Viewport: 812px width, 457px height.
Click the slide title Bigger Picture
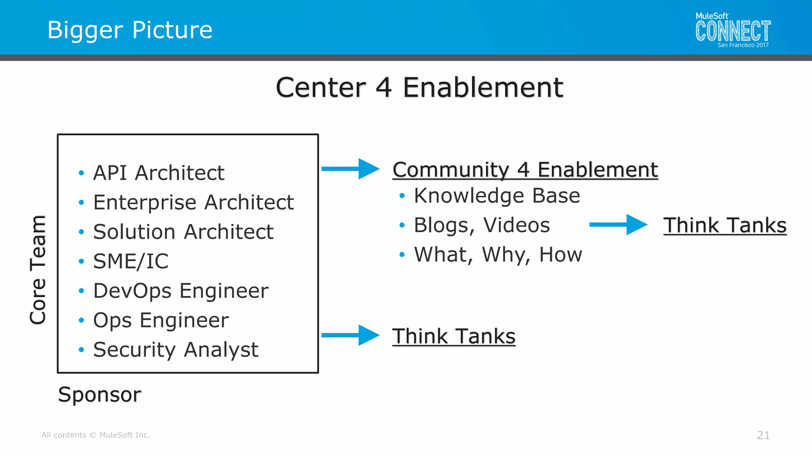[x=130, y=30]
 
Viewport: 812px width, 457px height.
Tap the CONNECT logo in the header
[x=733, y=31]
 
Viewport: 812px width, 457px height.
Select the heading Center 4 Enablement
[x=419, y=88]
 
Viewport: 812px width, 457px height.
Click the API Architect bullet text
[x=159, y=173]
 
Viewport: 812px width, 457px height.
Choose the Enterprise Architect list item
[x=193, y=202]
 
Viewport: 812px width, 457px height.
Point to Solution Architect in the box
[x=183, y=232]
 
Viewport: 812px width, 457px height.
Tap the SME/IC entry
[x=131, y=261]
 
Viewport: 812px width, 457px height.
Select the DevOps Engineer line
[x=181, y=291]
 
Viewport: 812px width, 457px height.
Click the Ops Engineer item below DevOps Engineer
[x=161, y=320]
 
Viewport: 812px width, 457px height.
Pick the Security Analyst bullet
[x=176, y=350]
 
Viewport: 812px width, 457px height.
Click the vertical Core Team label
[x=38, y=270]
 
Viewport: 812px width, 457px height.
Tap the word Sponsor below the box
[x=100, y=394]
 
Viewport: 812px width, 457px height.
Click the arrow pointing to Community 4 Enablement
[x=350, y=169]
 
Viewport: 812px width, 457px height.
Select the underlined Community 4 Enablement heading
[x=525, y=170]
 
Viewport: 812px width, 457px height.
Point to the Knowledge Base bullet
[x=497, y=196]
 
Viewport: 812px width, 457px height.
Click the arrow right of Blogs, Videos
[x=618, y=225]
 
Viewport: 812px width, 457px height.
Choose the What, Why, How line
[x=498, y=254]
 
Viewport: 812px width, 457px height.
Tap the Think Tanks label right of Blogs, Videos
[x=725, y=225]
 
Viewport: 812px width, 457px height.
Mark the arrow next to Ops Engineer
[x=350, y=335]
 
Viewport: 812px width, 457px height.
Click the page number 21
[x=763, y=435]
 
